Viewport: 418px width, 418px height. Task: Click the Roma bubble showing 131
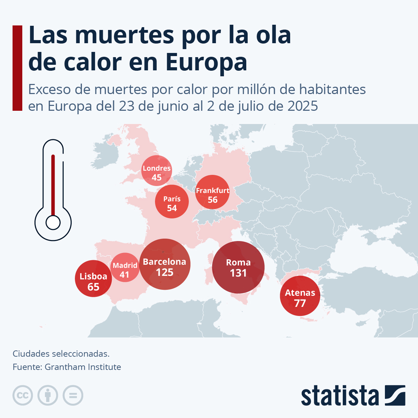pos(238,267)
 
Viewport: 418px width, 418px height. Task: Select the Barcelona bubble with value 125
pos(165,264)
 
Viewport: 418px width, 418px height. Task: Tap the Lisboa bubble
pos(93,279)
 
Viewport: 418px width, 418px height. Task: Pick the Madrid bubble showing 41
pos(125,267)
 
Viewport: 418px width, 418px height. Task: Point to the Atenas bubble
pos(300,296)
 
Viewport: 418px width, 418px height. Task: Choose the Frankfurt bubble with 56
pos(212,192)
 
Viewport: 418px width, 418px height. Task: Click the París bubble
pos(172,202)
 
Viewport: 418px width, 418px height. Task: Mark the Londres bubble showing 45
pos(157,170)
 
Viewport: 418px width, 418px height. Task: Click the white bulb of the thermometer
pos(53,223)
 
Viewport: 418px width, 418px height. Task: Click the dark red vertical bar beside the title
pos(17,68)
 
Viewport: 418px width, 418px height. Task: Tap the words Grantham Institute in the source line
pos(83,367)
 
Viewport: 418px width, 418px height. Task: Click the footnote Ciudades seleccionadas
pos(61,354)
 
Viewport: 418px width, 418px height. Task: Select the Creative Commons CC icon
pos(23,395)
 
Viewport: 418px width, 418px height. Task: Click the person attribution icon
pos(48,395)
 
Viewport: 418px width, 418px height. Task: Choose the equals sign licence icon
pos(73,395)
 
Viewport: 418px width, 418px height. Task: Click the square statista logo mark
pos(395,395)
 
